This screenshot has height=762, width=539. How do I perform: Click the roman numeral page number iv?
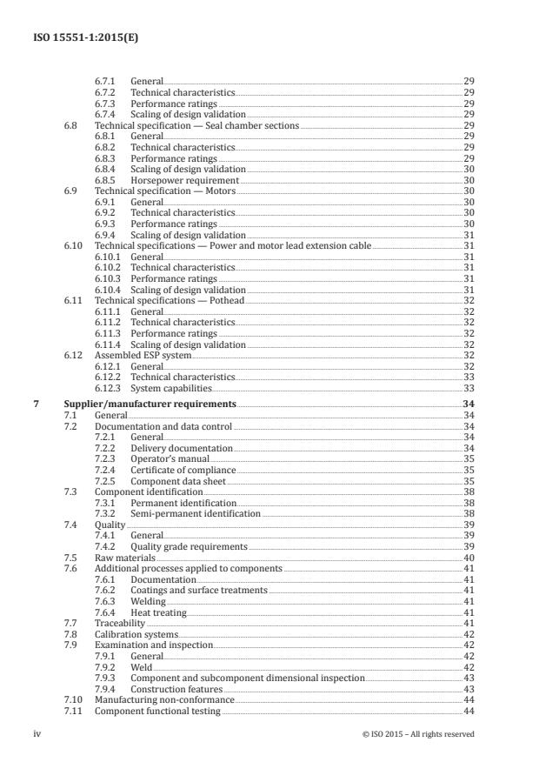pos(37,733)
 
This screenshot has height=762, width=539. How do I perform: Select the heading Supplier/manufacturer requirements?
pos(150,404)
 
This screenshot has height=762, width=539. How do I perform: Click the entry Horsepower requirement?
pos(180,180)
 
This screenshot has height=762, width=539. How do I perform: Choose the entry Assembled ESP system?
pos(143,355)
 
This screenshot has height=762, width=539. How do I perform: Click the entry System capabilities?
pos(170,388)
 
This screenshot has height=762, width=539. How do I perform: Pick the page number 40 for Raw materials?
pos(468,558)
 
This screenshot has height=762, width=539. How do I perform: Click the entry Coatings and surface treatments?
pos(199,591)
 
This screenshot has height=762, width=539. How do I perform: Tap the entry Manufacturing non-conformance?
pos(164,699)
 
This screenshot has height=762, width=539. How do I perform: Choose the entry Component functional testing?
pos(157,711)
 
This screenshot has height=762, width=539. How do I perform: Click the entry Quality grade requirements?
pos(189,546)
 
